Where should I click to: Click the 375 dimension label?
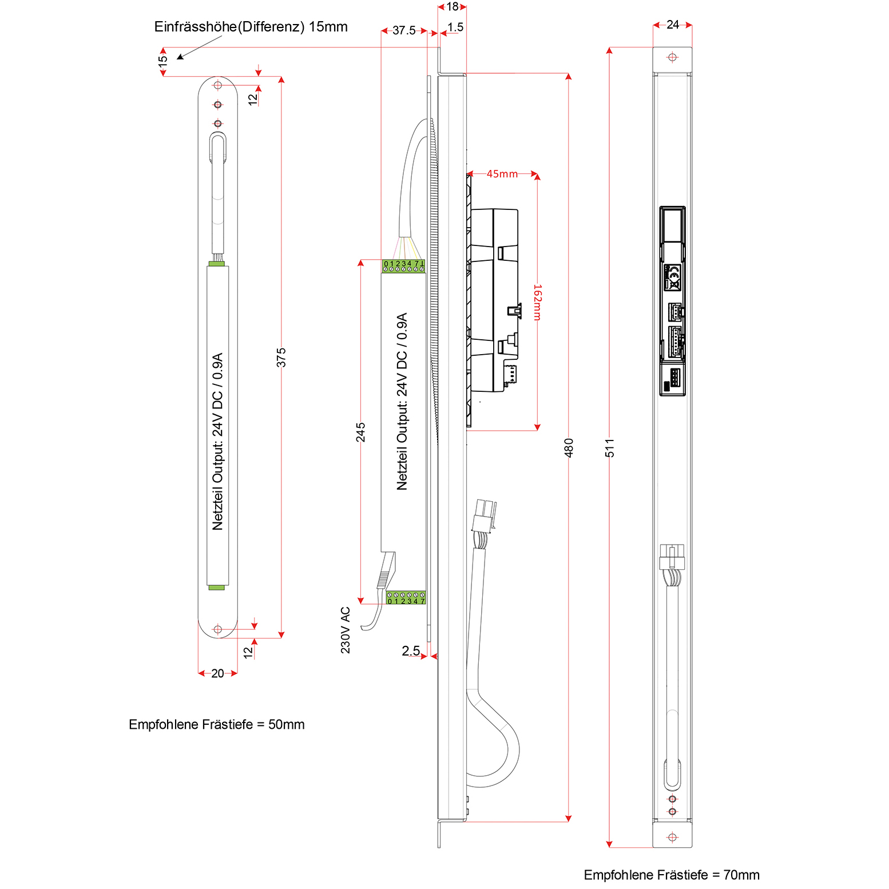click(x=281, y=358)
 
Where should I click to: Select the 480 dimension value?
click(x=569, y=447)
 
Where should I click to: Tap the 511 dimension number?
click(x=610, y=447)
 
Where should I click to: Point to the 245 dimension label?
click(x=360, y=432)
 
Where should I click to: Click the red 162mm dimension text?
click(x=538, y=302)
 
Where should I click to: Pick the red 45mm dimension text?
click(x=502, y=174)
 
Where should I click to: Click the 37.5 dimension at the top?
click(x=404, y=30)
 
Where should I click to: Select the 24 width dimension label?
click(x=673, y=25)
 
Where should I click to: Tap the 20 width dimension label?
click(x=217, y=673)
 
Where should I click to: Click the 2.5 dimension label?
click(x=411, y=650)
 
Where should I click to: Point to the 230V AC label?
click(x=346, y=630)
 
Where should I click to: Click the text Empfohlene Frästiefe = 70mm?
click(x=672, y=875)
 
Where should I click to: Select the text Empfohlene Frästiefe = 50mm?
click(x=216, y=724)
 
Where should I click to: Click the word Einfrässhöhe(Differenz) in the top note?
click(x=229, y=27)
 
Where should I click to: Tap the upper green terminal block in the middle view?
click(x=403, y=266)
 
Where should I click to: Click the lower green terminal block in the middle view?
click(x=406, y=598)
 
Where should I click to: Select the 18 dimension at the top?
click(x=452, y=7)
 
